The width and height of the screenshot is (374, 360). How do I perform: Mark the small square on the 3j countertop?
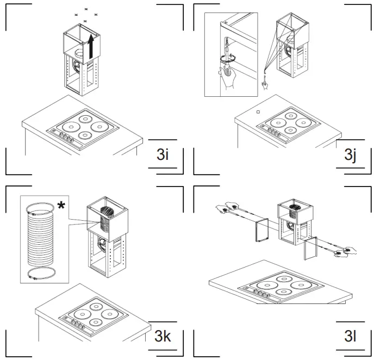[258, 113]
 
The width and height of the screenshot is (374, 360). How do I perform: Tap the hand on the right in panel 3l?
[344, 251]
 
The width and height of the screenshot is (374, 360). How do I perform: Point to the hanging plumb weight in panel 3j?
[265, 83]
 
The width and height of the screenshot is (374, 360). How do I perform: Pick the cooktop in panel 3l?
[275, 288]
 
